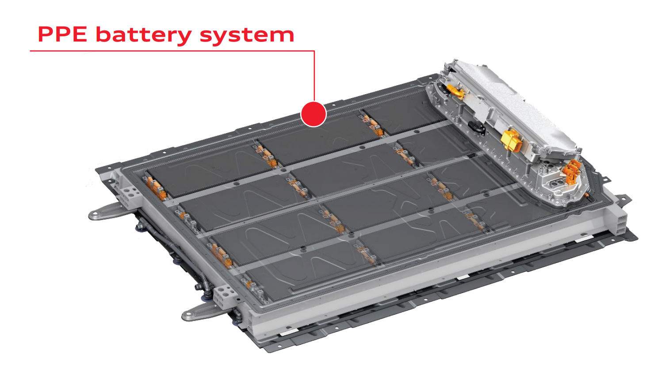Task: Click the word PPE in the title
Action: [62, 34]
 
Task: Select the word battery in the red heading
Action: [144, 35]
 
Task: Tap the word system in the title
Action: [247, 36]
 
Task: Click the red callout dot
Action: [313, 114]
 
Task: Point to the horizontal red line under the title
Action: [172, 51]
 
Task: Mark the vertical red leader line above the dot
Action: [314, 76]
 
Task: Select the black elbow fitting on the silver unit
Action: [477, 128]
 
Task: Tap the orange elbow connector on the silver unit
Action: [456, 91]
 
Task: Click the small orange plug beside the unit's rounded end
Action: [587, 196]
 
